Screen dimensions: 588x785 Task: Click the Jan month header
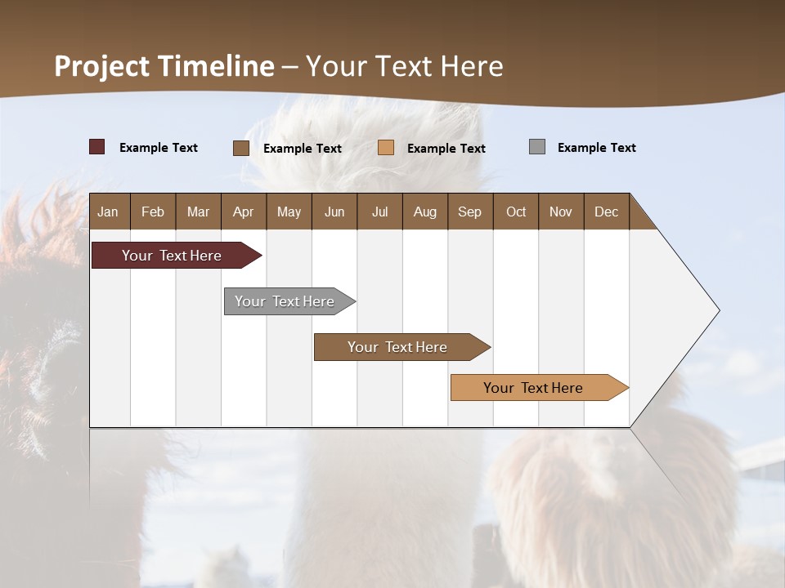coord(108,212)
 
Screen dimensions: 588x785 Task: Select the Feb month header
coord(153,212)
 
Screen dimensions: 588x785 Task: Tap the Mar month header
coord(198,212)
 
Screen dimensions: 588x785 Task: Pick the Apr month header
coord(244,212)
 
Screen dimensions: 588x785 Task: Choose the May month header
coord(289,212)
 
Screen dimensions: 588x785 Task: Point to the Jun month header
coord(334,212)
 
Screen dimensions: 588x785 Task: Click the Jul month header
coord(379,212)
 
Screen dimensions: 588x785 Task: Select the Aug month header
coord(425,212)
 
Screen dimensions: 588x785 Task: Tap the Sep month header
coord(470,212)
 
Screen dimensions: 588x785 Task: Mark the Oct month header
coord(516,212)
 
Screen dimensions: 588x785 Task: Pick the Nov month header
coord(561,212)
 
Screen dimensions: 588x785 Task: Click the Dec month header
coord(607,212)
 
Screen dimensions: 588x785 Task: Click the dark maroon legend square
coord(96,147)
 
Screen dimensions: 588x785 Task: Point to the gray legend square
coord(537,147)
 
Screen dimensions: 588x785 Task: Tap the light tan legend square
coord(386,148)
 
